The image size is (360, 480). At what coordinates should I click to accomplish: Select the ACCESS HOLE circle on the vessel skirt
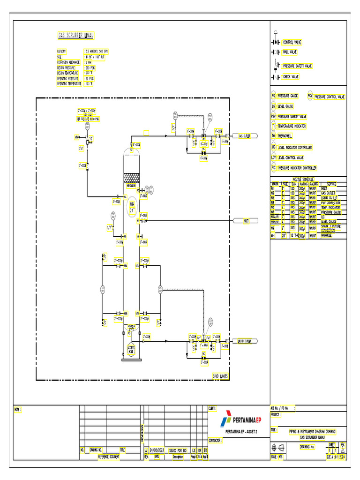tap(132, 349)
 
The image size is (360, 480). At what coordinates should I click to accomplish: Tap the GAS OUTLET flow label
tap(246, 135)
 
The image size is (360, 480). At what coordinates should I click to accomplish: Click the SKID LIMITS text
tap(220, 376)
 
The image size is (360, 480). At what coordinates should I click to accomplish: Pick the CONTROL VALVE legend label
tap(292, 42)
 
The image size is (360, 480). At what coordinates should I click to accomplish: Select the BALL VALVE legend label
tap(289, 52)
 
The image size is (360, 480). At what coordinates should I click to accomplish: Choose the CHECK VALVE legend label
tap(291, 76)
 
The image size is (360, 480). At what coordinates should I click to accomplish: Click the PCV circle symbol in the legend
tap(310, 96)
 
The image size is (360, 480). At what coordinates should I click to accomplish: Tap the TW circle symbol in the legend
tap(273, 136)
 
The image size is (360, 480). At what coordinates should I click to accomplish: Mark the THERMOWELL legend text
tap(287, 136)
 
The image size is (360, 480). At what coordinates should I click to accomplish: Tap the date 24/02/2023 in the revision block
tap(157, 449)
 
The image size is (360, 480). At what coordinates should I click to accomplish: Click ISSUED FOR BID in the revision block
tap(178, 449)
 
